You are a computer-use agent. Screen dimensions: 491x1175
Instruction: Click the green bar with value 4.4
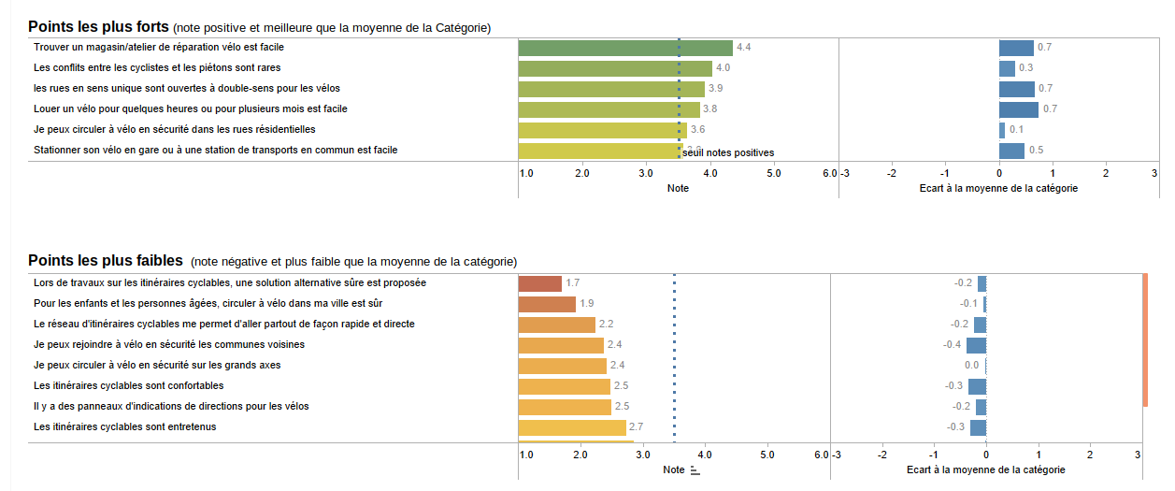click(x=625, y=48)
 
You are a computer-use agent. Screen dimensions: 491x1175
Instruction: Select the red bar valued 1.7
click(x=540, y=283)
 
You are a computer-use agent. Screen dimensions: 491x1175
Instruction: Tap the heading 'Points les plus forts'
click(x=98, y=27)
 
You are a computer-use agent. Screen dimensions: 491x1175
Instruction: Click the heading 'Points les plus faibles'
click(x=106, y=261)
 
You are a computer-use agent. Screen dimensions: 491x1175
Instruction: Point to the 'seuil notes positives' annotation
click(x=728, y=152)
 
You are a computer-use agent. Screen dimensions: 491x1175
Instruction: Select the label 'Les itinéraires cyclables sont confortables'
click(x=128, y=386)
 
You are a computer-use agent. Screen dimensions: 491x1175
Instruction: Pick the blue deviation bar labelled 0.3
click(x=1007, y=68)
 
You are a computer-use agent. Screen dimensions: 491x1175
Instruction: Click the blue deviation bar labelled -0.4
click(x=976, y=345)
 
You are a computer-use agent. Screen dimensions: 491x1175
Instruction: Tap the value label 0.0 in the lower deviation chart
click(x=971, y=366)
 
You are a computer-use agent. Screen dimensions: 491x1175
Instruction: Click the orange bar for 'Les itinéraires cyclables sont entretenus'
click(x=572, y=427)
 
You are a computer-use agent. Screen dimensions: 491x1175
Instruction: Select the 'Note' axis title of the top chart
click(x=678, y=189)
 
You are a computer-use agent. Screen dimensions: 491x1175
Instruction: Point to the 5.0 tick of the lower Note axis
click(x=767, y=455)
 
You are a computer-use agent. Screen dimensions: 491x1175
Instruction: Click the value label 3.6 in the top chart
click(x=697, y=130)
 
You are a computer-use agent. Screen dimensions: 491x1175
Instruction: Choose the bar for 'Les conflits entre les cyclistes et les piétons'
click(x=615, y=68)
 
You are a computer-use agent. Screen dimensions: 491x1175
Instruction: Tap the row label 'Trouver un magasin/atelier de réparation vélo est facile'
click(x=159, y=47)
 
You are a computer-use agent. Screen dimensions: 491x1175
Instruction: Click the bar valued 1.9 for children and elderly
click(x=547, y=304)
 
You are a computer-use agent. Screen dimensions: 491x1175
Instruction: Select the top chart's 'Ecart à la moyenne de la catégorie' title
click(x=998, y=189)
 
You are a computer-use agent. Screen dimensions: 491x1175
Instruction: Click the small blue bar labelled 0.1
click(x=1002, y=130)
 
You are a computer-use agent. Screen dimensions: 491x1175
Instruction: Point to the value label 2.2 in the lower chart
click(x=606, y=325)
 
